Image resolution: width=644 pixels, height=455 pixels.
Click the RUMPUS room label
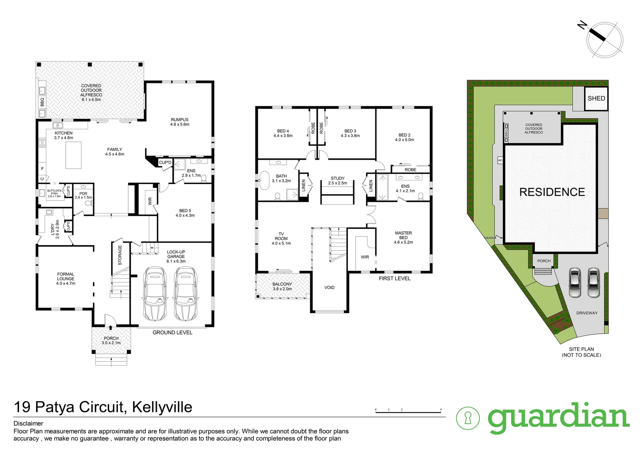[180, 120]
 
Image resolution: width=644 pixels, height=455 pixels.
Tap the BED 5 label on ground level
[185, 211]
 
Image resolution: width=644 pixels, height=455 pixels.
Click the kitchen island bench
[74, 155]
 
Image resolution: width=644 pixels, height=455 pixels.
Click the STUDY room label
[338, 178]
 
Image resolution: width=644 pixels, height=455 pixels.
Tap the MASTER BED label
[403, 233]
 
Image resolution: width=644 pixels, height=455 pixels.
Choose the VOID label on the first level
[329, 287]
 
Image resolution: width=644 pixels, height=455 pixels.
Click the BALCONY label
[282, 284]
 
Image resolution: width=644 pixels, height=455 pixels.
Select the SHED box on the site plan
[596, 98]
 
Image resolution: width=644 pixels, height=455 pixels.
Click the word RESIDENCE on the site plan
[552, 192]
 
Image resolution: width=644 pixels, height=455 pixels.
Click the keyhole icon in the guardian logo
[468, 418]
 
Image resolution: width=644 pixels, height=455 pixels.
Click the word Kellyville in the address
[162, 407]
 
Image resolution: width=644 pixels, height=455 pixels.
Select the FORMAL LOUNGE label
[66, 276]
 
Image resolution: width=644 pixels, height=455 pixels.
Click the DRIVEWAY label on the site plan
[587, 313]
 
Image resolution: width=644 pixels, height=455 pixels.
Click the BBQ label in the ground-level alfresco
[42, 102]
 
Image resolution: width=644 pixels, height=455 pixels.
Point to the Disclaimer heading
[29, 423]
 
